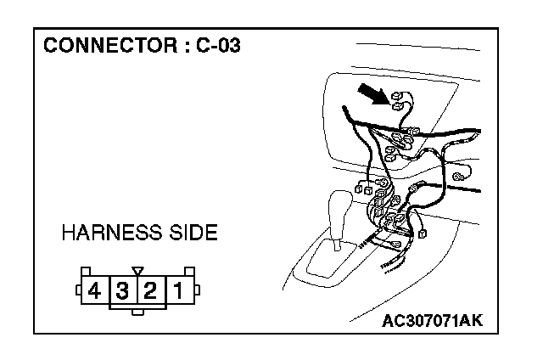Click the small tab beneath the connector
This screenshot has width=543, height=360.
click(136, 312)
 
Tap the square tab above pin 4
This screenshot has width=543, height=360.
click(85, 272)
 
